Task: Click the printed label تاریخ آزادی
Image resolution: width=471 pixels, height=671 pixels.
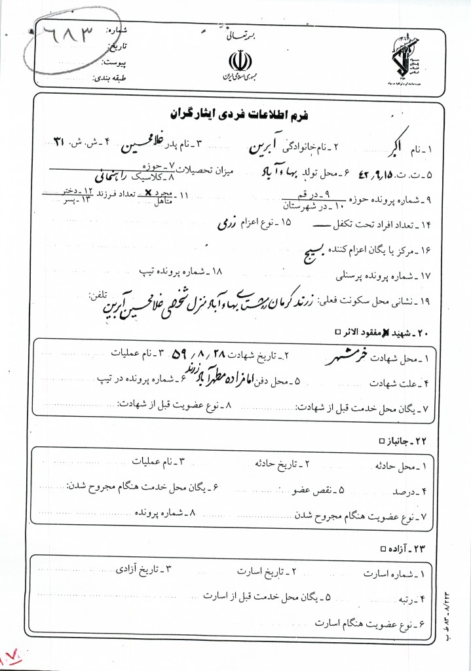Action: click(x=141, y=570)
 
